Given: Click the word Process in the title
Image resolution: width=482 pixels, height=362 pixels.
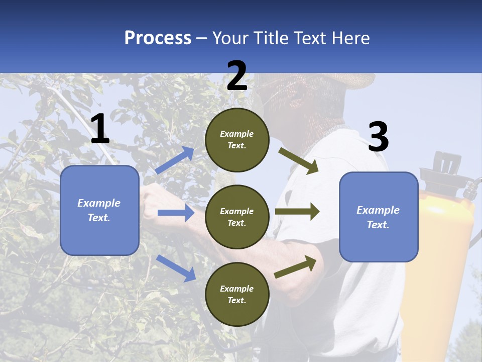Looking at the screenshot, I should (x=158, y=38).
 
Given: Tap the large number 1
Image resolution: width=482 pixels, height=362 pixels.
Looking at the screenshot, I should (x=100, y=129).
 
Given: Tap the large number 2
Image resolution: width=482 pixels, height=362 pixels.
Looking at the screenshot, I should (x=237, y=76).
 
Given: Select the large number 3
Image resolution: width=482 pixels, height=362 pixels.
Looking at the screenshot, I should (x=378, y=137).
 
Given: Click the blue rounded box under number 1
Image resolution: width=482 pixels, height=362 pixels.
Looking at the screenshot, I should (x=99, y=210).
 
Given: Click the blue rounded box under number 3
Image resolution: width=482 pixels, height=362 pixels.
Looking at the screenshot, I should (x=379, y=217).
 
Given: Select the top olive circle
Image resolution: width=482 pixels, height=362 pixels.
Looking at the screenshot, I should (x=237, y=140).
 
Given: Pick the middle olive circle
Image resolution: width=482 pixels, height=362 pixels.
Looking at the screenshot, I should (x=237, y=217).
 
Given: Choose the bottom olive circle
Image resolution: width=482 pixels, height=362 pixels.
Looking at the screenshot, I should (x=237, y=294).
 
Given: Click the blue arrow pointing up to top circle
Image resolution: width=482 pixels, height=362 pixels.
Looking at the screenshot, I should (x=175, y=160).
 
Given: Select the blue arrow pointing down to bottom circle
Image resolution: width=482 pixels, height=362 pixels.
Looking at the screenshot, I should (x=176, y=267).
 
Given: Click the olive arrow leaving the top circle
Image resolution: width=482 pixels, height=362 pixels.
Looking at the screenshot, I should (x=299, y=161).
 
